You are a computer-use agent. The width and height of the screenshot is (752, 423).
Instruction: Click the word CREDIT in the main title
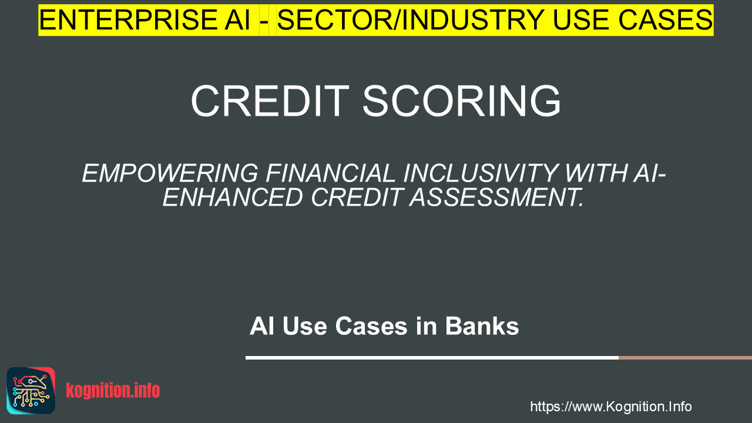pyautogui.click(x=270, y=100)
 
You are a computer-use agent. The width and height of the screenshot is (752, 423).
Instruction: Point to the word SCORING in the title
pyautogui.click(x=462, y=100)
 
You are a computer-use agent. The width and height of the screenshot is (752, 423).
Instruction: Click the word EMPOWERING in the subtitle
pyautogui.click(x=170, y=173)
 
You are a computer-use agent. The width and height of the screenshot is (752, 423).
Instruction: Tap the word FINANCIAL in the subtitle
pyautogui.click(x=331, y=173)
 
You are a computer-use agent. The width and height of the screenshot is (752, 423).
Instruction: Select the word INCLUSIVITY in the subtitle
pyautogui.click(x=480, y=173)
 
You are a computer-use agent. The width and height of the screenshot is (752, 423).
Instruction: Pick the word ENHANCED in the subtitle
pyautogui.click(x=233, y=197)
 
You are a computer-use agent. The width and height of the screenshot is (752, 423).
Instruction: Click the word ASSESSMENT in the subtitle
pyautogui.click(x=496, y=197)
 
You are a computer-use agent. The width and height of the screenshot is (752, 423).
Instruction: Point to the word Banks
pyautogui.click(x=482, y=326)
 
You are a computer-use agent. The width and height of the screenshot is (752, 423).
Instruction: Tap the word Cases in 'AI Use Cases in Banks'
pyautogui.click(x=371, y=326)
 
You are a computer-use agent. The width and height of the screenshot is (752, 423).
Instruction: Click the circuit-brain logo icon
pyautogui.click(x=31, y=391)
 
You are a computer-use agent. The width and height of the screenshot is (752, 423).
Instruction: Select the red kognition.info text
pyautogui.click(x=113, y=391)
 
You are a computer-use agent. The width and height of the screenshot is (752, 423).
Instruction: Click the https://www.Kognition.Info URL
pyautogui.click(x=611, y=407)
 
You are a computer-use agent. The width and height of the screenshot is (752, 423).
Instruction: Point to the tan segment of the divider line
pyautogui.click(x=685, y=358)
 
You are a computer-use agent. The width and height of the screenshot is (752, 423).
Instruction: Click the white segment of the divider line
pyautogui.click(x=432, y=358)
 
